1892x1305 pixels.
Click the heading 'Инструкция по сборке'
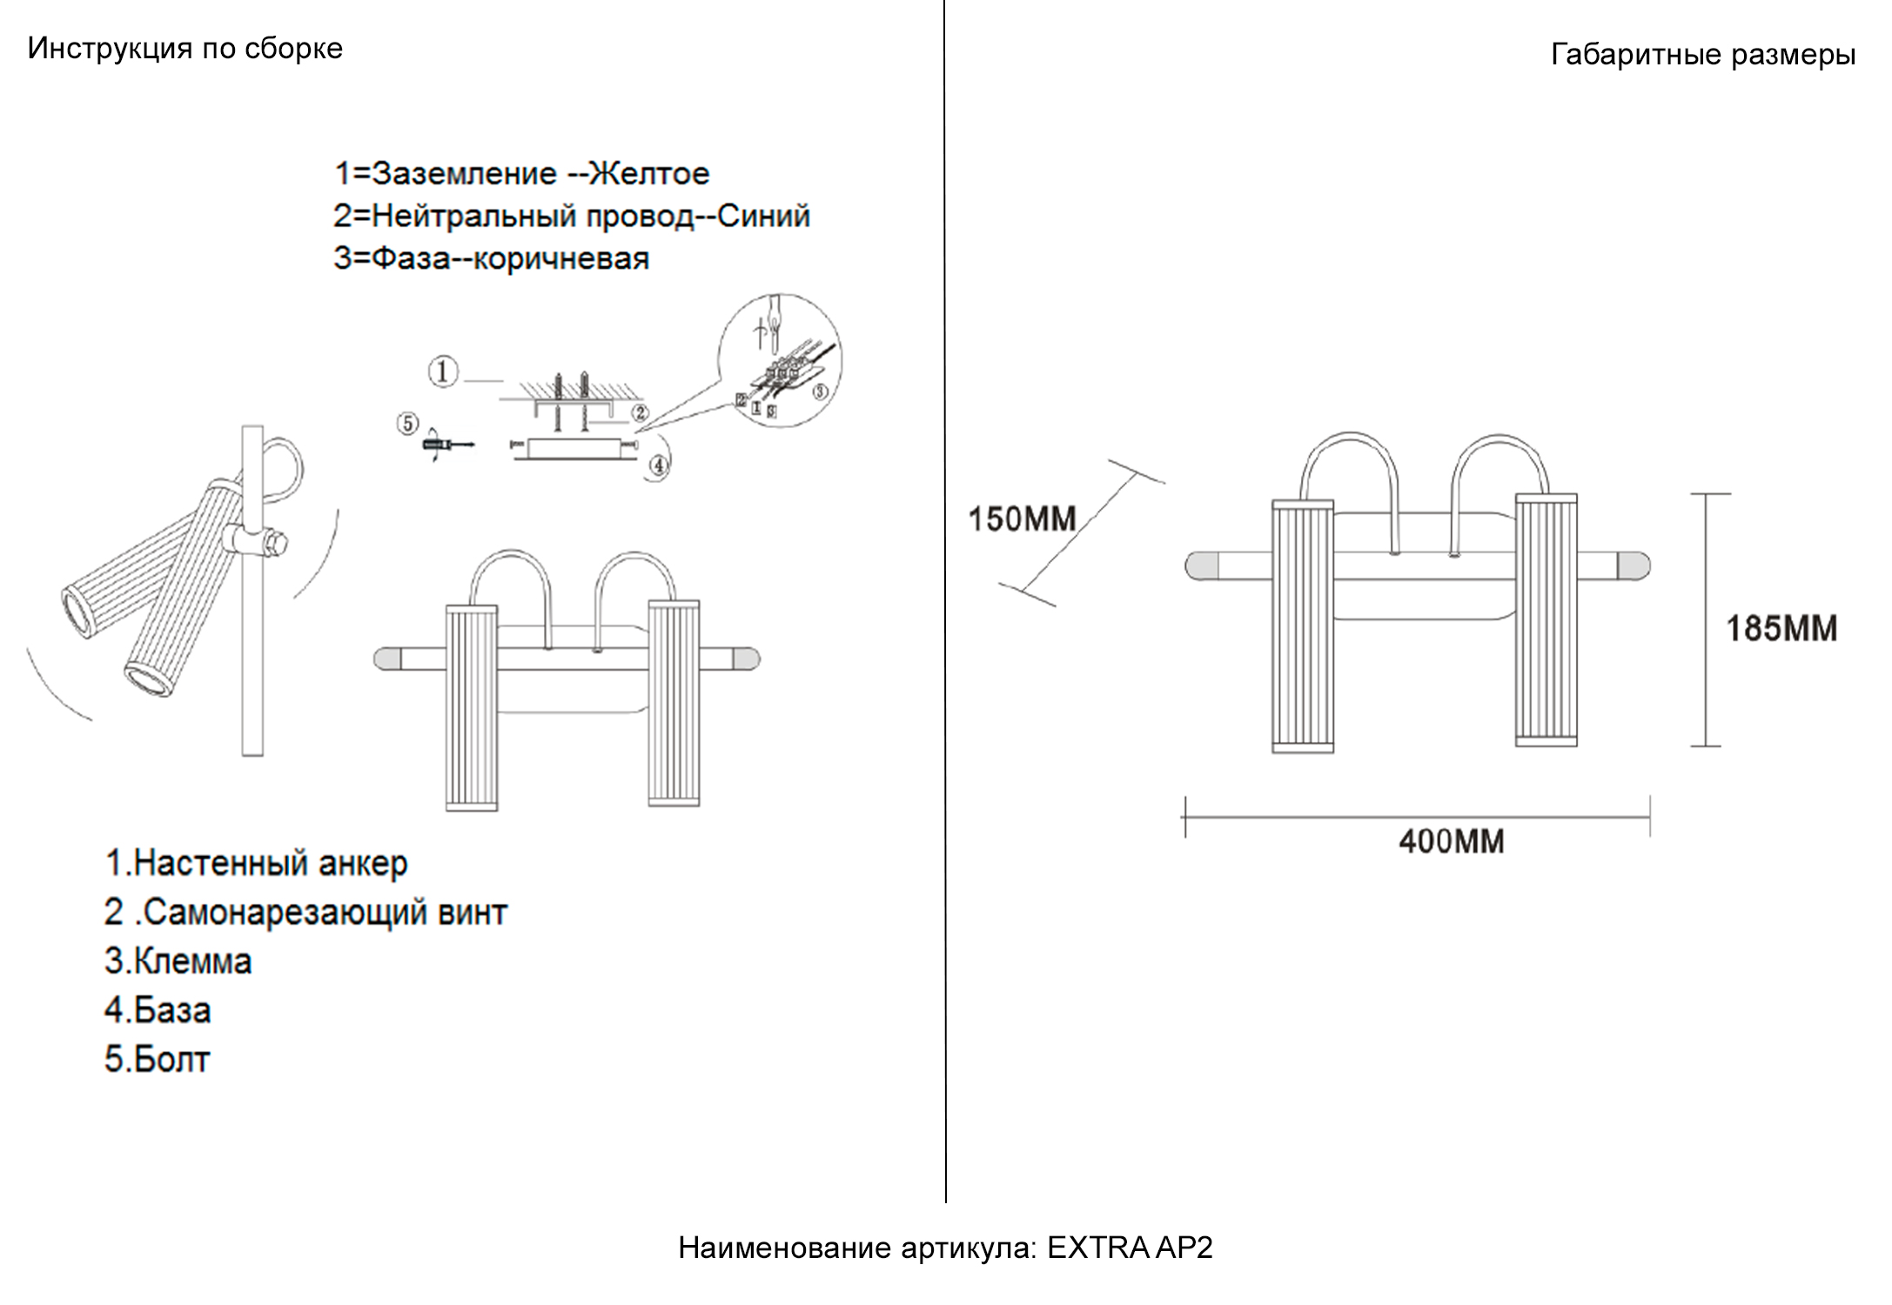(185, 49)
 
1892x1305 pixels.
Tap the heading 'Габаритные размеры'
(1703, 56)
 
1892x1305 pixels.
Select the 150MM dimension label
(1023, 519)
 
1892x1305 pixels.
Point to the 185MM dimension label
(1781, 628)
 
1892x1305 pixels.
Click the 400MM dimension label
(1452, 841)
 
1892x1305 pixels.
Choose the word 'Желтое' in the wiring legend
(649, 174)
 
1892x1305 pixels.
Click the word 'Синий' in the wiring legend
(763, 216)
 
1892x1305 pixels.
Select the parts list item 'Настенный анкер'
(271, 863)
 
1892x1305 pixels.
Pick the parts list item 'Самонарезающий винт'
(325, 913)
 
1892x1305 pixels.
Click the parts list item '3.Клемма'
(178, 961)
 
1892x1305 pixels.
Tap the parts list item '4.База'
(158, 1010)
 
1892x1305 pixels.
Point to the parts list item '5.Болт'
(158, 1060)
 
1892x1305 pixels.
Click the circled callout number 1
(443, 372)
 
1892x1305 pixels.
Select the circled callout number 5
(407, 424)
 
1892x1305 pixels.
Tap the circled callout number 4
(659, 467)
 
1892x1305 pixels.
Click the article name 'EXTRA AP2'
(1130, 1248)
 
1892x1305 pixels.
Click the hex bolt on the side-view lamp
(276, 545)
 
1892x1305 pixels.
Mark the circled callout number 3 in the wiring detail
(820, 391)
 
